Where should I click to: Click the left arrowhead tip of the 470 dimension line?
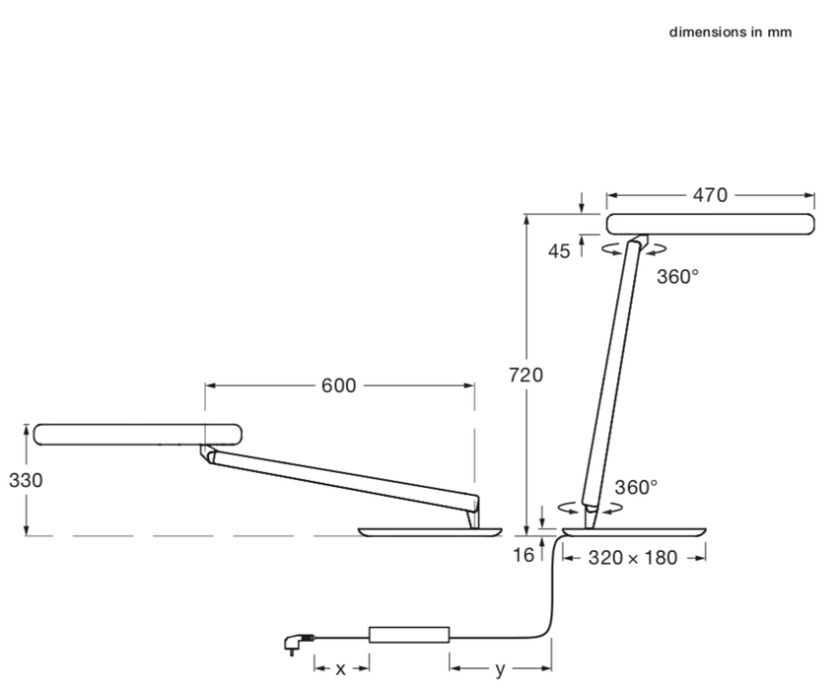607,196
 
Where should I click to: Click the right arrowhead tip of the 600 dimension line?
474,385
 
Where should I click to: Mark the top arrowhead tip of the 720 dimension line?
526,215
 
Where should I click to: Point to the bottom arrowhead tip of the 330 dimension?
27,535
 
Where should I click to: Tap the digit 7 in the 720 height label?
515,375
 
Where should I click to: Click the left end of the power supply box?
369,635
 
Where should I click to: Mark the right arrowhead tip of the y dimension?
551,668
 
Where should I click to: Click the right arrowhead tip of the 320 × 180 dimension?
705,559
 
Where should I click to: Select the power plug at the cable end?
299,642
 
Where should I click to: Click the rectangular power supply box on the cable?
409,635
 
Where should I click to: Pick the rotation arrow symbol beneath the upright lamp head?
635,248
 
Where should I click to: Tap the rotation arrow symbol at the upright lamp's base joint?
591,509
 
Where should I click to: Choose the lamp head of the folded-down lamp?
137,435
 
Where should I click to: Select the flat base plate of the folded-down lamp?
431,531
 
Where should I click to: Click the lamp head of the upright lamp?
711,224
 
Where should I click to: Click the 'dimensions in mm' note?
731,33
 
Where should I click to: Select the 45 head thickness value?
559,251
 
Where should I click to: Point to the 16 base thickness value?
524,556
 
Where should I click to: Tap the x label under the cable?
341,669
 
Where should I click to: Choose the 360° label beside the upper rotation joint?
678,277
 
